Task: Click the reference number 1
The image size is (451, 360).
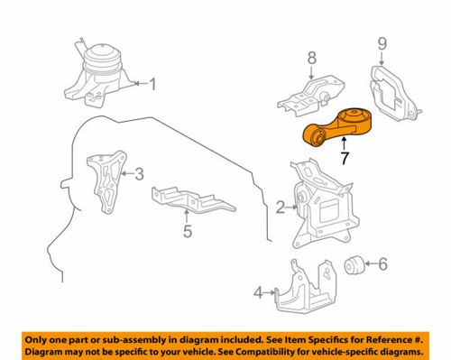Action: tap(152, 85)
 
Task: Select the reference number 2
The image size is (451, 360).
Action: tap(281, 208)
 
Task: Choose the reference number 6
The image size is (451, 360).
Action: tap(382, 263)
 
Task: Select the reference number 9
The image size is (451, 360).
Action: tap(382, 42)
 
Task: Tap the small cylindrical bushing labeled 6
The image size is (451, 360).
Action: tap(354, 264)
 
